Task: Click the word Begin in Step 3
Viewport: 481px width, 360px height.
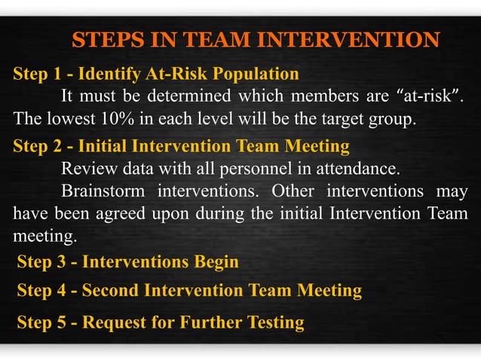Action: coord(217,262)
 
